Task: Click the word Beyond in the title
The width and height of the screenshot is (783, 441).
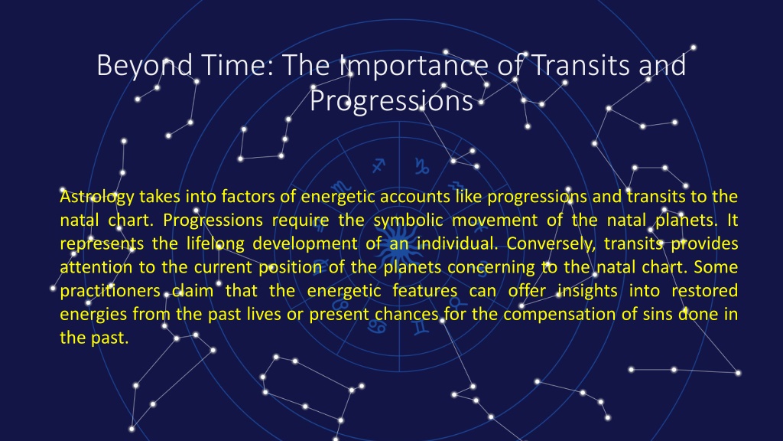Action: coord(145,66)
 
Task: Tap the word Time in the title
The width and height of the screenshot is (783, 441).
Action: coord(237,65)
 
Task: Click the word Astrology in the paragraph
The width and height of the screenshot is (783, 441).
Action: coord(97,197)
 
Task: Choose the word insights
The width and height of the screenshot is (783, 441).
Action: coord(587,290)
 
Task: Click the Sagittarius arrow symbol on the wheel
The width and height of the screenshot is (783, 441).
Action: coord(379,165)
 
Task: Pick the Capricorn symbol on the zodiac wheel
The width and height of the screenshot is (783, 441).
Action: coord(422,166)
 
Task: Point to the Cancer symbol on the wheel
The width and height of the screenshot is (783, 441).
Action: coord(377,326)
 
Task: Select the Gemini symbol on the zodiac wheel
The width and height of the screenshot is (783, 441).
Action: coord(421,327)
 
